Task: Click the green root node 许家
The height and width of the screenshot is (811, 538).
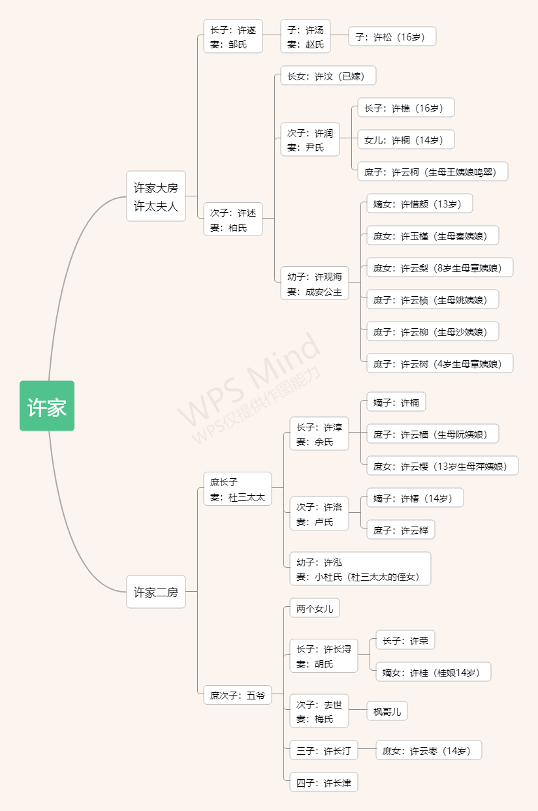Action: (x=47, y=406)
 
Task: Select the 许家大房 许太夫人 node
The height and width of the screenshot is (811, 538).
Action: (x=156, y=196)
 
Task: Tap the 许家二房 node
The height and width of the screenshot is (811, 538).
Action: (x=156, y=592)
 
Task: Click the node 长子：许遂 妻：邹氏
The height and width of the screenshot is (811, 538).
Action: (x=233, y=37)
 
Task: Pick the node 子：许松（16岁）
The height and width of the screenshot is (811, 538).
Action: (x=392, y=37)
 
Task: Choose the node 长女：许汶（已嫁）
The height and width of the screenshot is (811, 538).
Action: (x=328, y=76)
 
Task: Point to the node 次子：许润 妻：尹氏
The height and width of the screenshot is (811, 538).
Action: (x=310, y=140)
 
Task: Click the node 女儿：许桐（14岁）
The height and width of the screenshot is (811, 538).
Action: (x=405, y=140)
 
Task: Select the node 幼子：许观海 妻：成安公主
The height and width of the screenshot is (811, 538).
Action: (x=315, y=283)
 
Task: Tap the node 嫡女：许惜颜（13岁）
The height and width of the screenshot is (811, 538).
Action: (x=419, y=204)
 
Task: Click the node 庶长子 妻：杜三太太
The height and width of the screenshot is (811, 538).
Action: (x=238, y=489)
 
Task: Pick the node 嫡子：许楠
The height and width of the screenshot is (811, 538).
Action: (x=396, y=402)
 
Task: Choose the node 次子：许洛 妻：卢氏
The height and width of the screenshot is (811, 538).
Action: (x=319, y=513)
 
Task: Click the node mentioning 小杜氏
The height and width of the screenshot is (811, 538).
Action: (x=360, y=569)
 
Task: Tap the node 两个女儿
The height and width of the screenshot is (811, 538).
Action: (x=315, y=609)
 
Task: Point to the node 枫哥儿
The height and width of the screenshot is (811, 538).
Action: (x=387, y=711)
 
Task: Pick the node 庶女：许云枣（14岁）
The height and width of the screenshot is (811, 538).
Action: (x=428, y=751)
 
